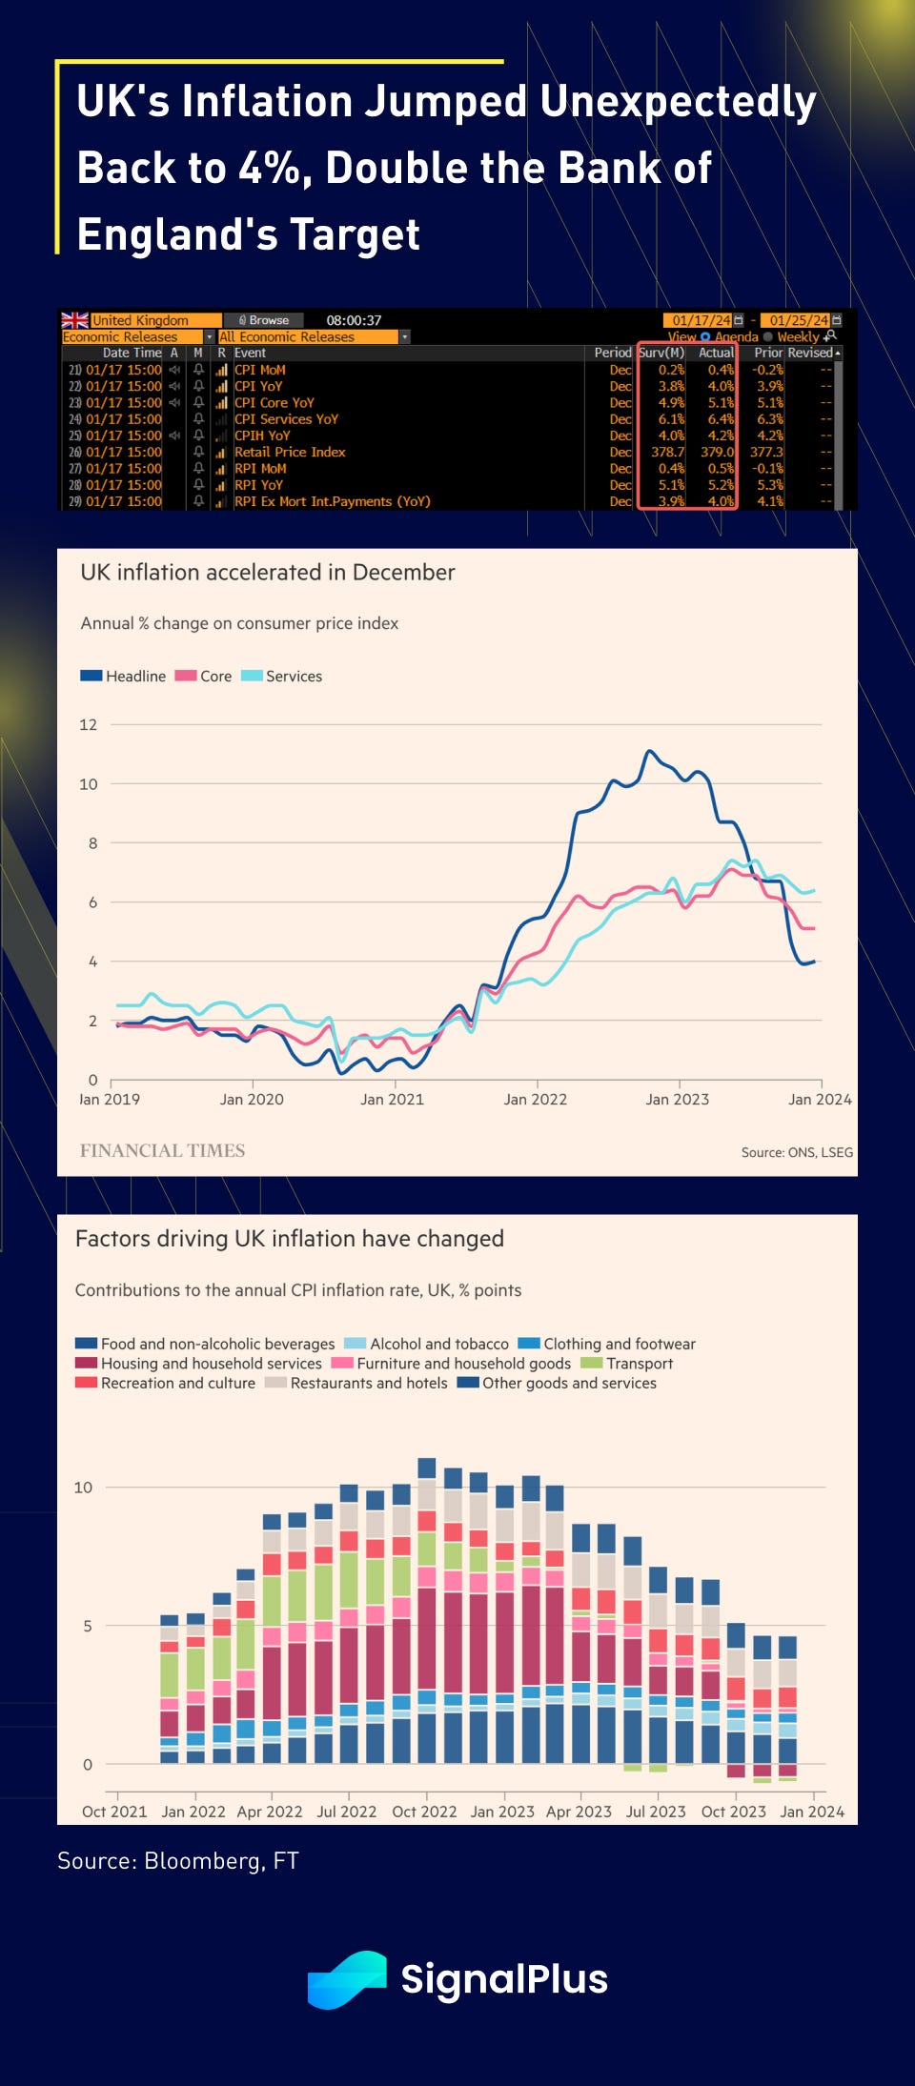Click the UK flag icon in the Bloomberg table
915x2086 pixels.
(74, 320)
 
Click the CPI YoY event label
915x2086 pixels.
(258, 386)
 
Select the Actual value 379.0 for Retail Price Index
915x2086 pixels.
(717, 452)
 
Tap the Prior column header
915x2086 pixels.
(767, 353)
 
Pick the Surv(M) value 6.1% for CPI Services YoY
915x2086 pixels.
(670, 419)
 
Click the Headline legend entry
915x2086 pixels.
(123, 676)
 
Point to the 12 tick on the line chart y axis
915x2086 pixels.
(89, 724)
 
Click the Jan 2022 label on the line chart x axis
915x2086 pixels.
(535, 1099)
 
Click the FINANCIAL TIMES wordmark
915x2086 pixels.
(162, 1150)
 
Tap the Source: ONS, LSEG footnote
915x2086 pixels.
(797, 1152)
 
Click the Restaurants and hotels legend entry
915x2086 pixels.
(356, 1383)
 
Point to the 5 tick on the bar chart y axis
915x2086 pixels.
(88, 1626)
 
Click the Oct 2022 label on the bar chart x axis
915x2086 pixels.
(424, 1812)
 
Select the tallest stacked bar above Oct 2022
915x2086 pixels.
(427, 1610)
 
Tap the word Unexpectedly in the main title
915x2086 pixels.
(678, 101)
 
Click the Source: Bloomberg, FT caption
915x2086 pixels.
(178, 1860)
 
